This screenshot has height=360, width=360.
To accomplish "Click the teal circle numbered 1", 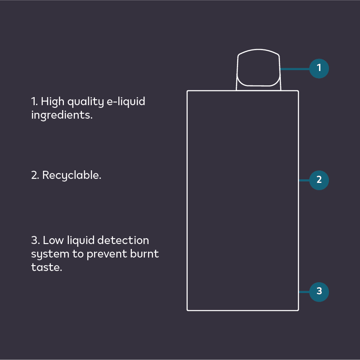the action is (319, 69).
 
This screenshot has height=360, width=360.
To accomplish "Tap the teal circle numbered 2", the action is (319, 180).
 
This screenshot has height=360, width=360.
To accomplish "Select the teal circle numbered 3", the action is (319, 291).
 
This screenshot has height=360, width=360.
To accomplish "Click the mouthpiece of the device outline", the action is (258, 70).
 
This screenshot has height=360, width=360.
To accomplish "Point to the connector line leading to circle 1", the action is (295, 69).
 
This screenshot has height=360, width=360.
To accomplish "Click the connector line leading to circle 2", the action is (305, 180).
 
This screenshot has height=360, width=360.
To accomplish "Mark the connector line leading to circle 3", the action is (305, 292).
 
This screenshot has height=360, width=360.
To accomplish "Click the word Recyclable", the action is (72, 175).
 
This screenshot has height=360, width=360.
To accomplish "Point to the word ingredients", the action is (62, 115).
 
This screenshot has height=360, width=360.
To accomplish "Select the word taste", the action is (46, 267).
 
